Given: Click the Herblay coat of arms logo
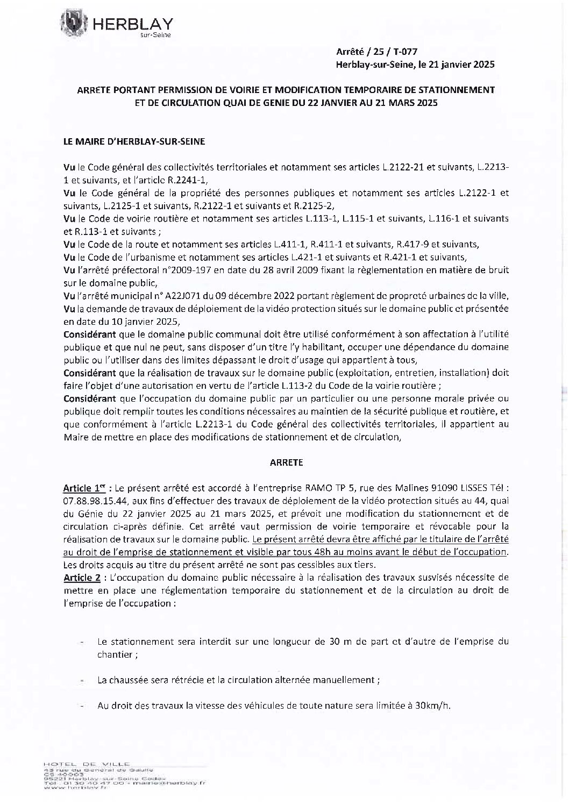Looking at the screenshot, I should pyautogui.click(x=74, y=23).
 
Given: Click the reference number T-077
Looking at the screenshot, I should pyautogui.click(x=403, y=52).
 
